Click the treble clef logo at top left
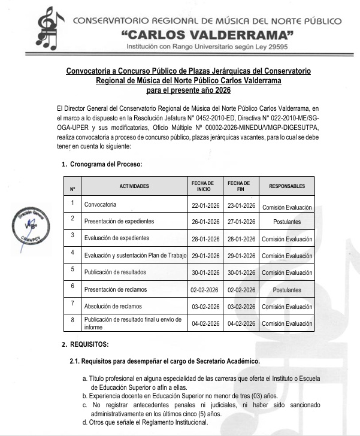(50, 29)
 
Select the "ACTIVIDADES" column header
(134, 186)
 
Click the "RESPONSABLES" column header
(287, 186)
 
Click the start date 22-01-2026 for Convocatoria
(203, 205)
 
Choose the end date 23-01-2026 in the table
(238, 205)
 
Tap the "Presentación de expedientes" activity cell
(119, 222)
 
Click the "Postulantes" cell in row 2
(287, 222)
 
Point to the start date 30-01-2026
(203, 272)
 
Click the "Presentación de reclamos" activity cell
(116, 290)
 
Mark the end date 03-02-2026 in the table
(238, 307)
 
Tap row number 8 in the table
(72, 321)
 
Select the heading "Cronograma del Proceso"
(106, 163)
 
